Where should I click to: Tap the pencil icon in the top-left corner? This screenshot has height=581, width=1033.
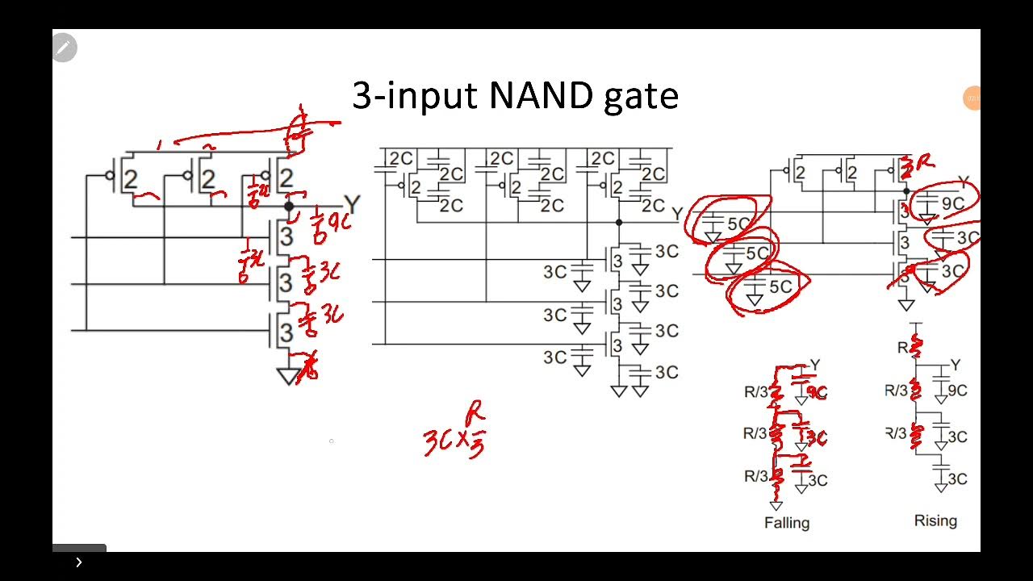tap(64, 48)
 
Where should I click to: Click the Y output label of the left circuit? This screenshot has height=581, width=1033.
tap(351, 204)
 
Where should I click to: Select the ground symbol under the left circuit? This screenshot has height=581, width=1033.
tap(288, 376)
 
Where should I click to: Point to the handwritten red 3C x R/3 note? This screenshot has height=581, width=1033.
tap(454, 433)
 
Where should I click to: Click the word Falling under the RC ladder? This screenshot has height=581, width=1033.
tap(786, 523)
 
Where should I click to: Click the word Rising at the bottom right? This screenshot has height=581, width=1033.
tap(935, 520)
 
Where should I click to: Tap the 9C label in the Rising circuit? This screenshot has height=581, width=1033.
tap(957, 391)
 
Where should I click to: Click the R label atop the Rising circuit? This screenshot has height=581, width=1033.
tap(902, 348)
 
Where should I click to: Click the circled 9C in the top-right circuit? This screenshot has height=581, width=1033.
tap(952, 203)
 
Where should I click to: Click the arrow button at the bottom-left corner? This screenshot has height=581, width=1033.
tap(79, 562)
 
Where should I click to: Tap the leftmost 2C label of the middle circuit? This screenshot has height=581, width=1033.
tap(400, 159)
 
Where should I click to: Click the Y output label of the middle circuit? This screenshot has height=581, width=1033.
tap(677, 214)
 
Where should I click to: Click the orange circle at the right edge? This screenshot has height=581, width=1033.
tap(972, 98)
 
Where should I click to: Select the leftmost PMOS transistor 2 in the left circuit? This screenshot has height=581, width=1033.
tap(129, 179)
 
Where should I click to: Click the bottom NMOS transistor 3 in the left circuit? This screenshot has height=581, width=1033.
tap(285, 331)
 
